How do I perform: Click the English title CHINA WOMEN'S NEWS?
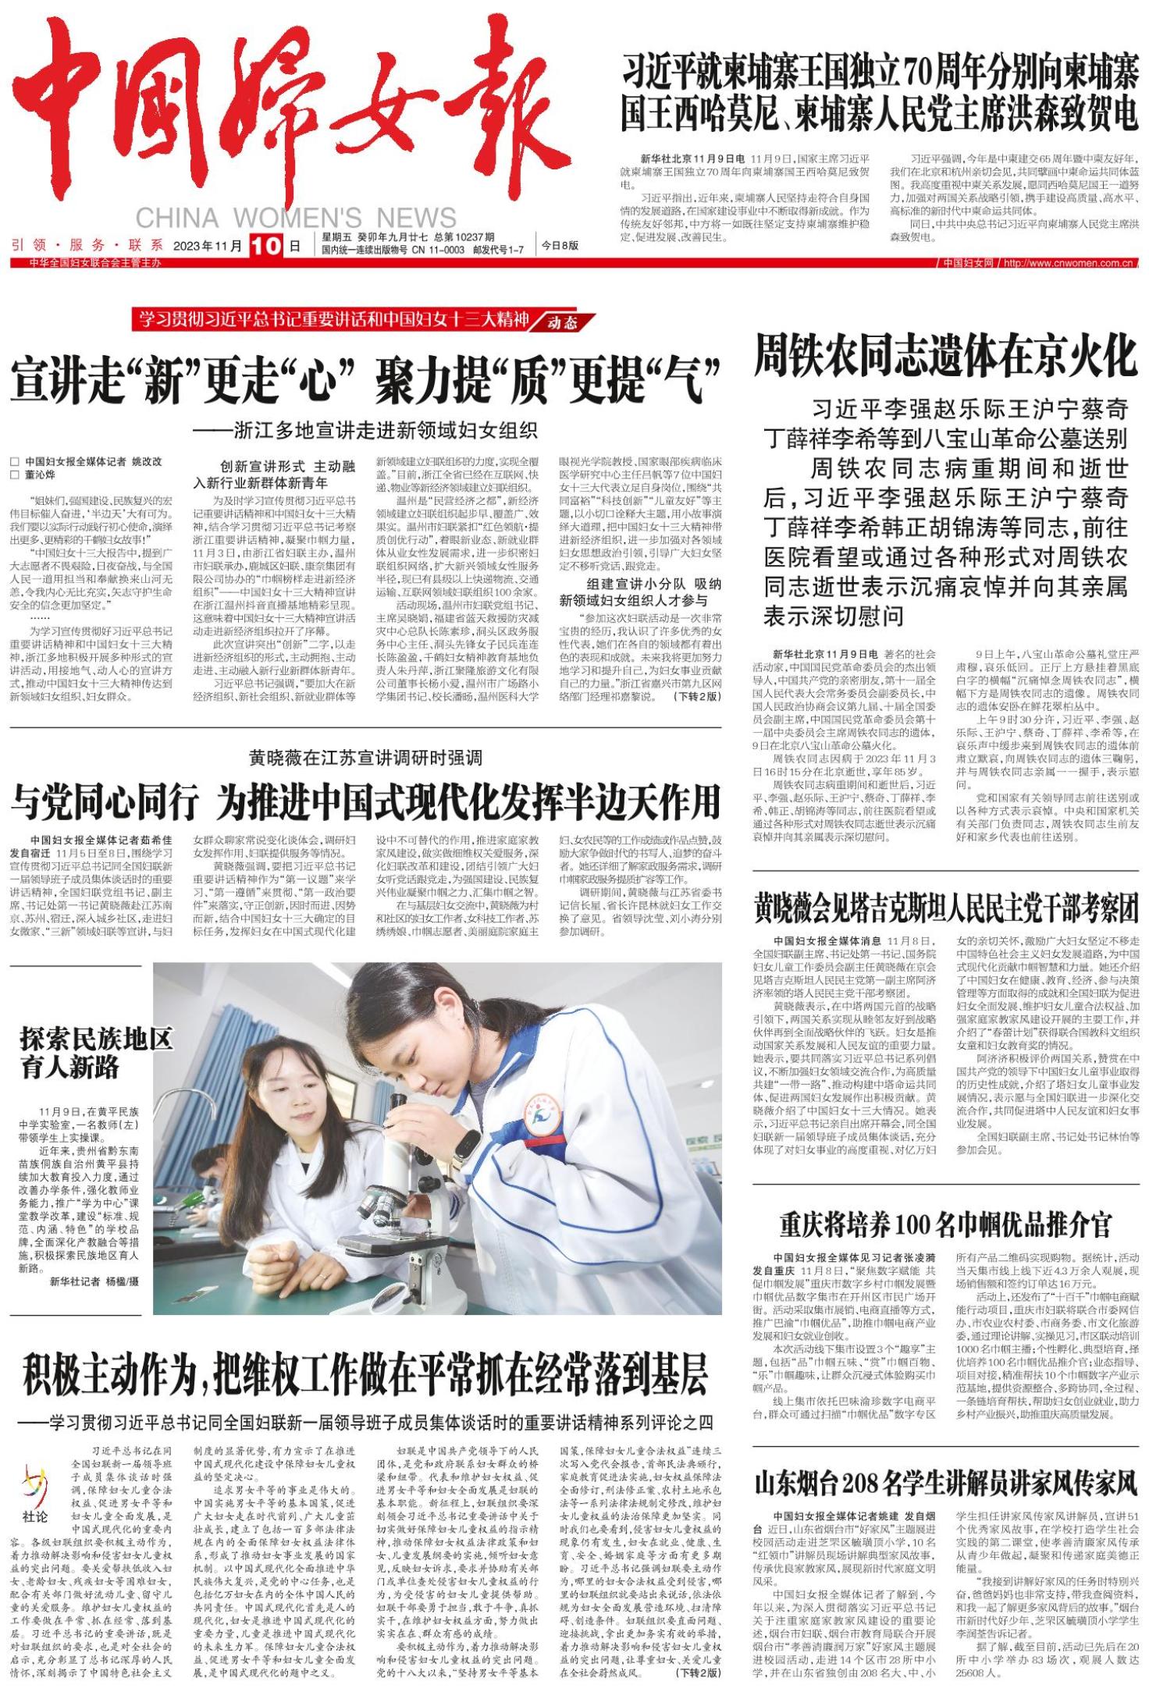tap(296, 217)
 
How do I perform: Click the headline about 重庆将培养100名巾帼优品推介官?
tap(945, 1224)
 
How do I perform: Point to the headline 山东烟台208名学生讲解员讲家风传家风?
tap(945, 1482)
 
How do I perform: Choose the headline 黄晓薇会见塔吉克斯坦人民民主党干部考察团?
tap(945, 908)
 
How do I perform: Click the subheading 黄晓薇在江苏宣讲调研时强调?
tap(365, 757)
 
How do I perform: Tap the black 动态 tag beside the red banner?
tap(563, 322)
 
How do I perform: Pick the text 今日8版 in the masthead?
tap(560, 245)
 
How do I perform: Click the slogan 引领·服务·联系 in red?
tap(87, 246)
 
